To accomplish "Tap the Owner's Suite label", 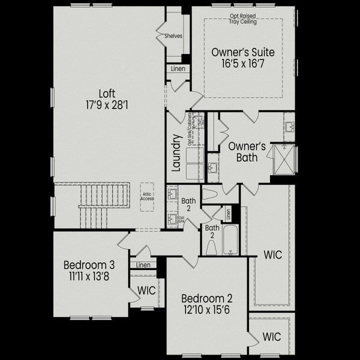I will coord(243,53).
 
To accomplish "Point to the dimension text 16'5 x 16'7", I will coord(243,64).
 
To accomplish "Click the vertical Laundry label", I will coord(176,153).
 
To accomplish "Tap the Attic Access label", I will coord(148,196).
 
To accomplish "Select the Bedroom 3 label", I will coord(89,265).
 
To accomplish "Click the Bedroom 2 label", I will coord(207,298).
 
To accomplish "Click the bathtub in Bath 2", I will coord(231,240).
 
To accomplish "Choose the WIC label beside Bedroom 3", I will coord(146,290).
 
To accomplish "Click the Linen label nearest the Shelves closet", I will coord(178,69).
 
